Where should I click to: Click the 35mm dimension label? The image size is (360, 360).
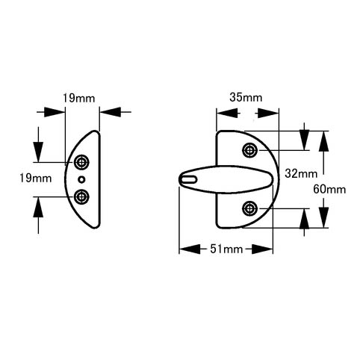(x=246, y=97)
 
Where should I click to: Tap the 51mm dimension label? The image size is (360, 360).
(x=226, y=249)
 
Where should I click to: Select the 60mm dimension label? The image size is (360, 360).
(x=329, y=190)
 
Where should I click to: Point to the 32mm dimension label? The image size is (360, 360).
(x=301, y=173)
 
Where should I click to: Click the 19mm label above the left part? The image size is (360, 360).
(x=78, y=98)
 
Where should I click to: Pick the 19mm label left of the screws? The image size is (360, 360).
(x=36, y=179)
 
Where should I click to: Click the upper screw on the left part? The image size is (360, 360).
(x=81, y=162)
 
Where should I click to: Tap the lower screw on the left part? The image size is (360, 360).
(x=81, y=197)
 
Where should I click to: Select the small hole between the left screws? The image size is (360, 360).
(x=81, y=179)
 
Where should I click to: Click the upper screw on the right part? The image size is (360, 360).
(x=249, y=150)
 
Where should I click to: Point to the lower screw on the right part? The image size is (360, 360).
(x=249, y=208)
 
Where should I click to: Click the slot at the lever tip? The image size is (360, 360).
(x=188, y=179)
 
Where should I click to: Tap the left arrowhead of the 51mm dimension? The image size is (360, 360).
(x=190, y=249)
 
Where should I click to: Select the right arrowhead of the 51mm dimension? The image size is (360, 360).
(x=262, y=249)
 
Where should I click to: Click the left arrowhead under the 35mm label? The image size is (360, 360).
(x=227, y=114)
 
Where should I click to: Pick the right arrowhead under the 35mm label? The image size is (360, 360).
(x=268, y=114)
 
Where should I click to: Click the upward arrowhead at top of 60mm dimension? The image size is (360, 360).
(x=323, y=141)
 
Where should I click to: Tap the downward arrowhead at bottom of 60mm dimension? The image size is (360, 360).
(x=323, y=217)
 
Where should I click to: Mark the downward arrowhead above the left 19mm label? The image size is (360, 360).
(x=38, y=152)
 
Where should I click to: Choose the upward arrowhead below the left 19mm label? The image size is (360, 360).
(x=38, y=208)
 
